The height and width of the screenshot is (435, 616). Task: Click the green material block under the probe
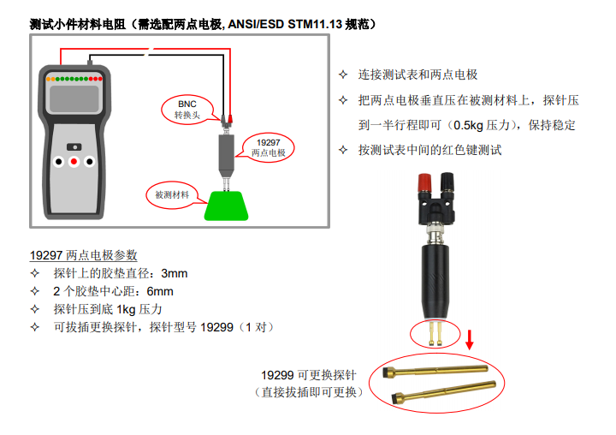226,206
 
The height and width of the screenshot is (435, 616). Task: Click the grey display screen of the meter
74,98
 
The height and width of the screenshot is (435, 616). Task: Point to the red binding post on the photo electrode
424,183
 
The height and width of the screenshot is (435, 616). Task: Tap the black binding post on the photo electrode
447,182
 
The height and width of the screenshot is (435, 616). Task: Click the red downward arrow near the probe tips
469,340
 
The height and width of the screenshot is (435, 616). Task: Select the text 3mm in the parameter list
174,273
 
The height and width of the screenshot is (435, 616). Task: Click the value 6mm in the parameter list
160,291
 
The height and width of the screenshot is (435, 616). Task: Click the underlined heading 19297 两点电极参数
83,255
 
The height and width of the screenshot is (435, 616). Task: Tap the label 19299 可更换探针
309,375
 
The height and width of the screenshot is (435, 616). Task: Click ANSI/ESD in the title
256,24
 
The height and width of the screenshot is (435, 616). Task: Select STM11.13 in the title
315,24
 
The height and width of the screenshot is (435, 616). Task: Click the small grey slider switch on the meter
74,147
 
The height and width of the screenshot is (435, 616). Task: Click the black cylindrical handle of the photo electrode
435,280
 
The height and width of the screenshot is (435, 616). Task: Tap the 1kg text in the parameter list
126,309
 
